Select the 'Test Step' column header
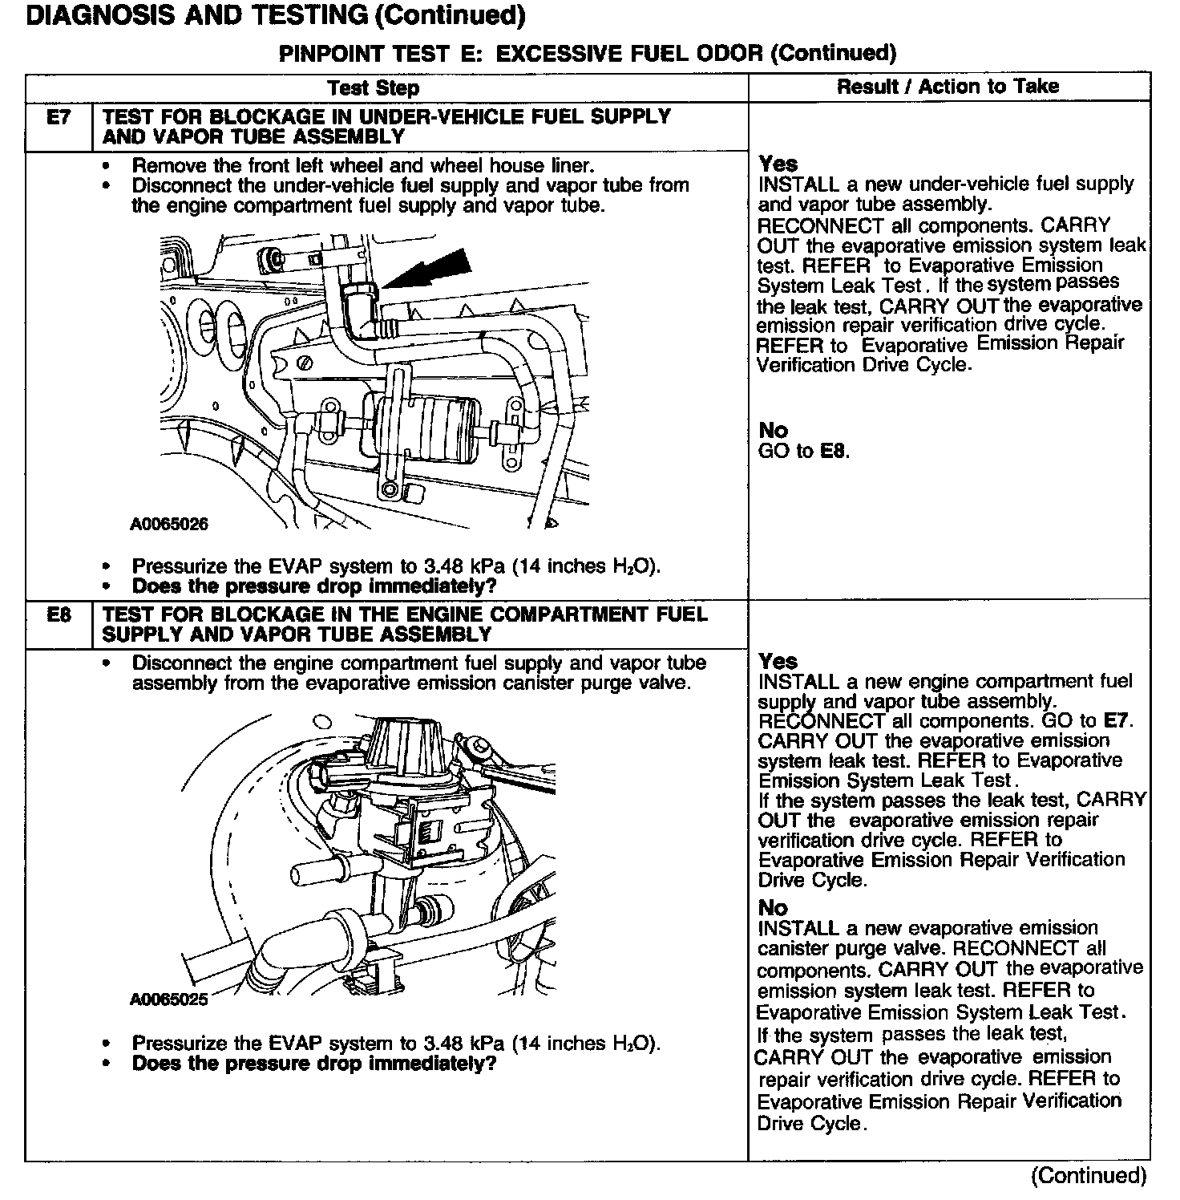click(374, 87)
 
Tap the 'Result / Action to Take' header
click(948, 87)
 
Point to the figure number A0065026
click(169, 525)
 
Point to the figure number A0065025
click(169, 999)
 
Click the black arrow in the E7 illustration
click(428, 268)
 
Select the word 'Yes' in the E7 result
click(778, 164)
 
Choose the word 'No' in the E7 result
click(773, 431)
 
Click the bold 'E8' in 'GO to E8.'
click(834, 451)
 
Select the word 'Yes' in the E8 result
click(778, 662)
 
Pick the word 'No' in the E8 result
click(773, 908)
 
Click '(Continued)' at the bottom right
click(1089, 1176)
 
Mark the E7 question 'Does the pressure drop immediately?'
click(314, 586)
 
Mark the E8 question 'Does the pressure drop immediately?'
click(314, 1064)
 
